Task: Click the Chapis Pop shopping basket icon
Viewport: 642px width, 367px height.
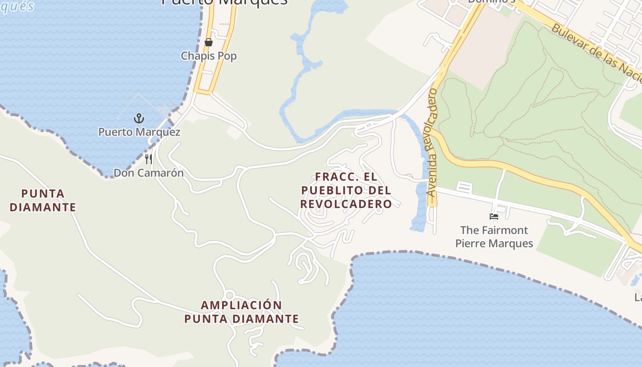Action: click(x=209, y=43)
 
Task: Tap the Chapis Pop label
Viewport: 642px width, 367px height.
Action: click(x=209, y=56)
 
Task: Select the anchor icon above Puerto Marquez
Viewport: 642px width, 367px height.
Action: click(x=139, y=118)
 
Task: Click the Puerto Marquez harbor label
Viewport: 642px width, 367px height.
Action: click(x=139, y=132)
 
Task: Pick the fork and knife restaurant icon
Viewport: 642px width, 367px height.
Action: click(x=149, y=159)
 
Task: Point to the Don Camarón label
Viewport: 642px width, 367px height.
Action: click(x=149, y=173)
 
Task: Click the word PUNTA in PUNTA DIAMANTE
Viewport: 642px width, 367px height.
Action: click(x=43, y=194)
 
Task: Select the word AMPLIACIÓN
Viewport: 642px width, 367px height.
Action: click(x=241, y=305)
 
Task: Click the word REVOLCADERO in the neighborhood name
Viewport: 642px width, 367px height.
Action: click(x=346, y=204)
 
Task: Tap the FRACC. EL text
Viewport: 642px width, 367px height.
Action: click(x=346, y=177)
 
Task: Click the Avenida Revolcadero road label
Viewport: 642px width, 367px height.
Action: click(x=432, y=142)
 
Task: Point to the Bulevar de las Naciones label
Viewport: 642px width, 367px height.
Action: click(x=596, y=53)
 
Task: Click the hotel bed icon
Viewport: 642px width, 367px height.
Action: click(x=494, y=216)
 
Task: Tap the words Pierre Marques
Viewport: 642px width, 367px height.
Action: click(x=494, y=243)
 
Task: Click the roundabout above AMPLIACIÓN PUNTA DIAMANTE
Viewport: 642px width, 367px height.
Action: click(x=229, y=295)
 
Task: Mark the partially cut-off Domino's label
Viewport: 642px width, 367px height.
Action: click(x=491, y=1)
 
